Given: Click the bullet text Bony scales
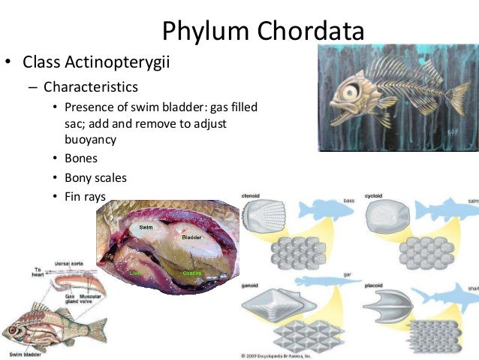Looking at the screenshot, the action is click(95, 178).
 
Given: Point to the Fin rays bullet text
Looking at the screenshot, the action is click(86, 197).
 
